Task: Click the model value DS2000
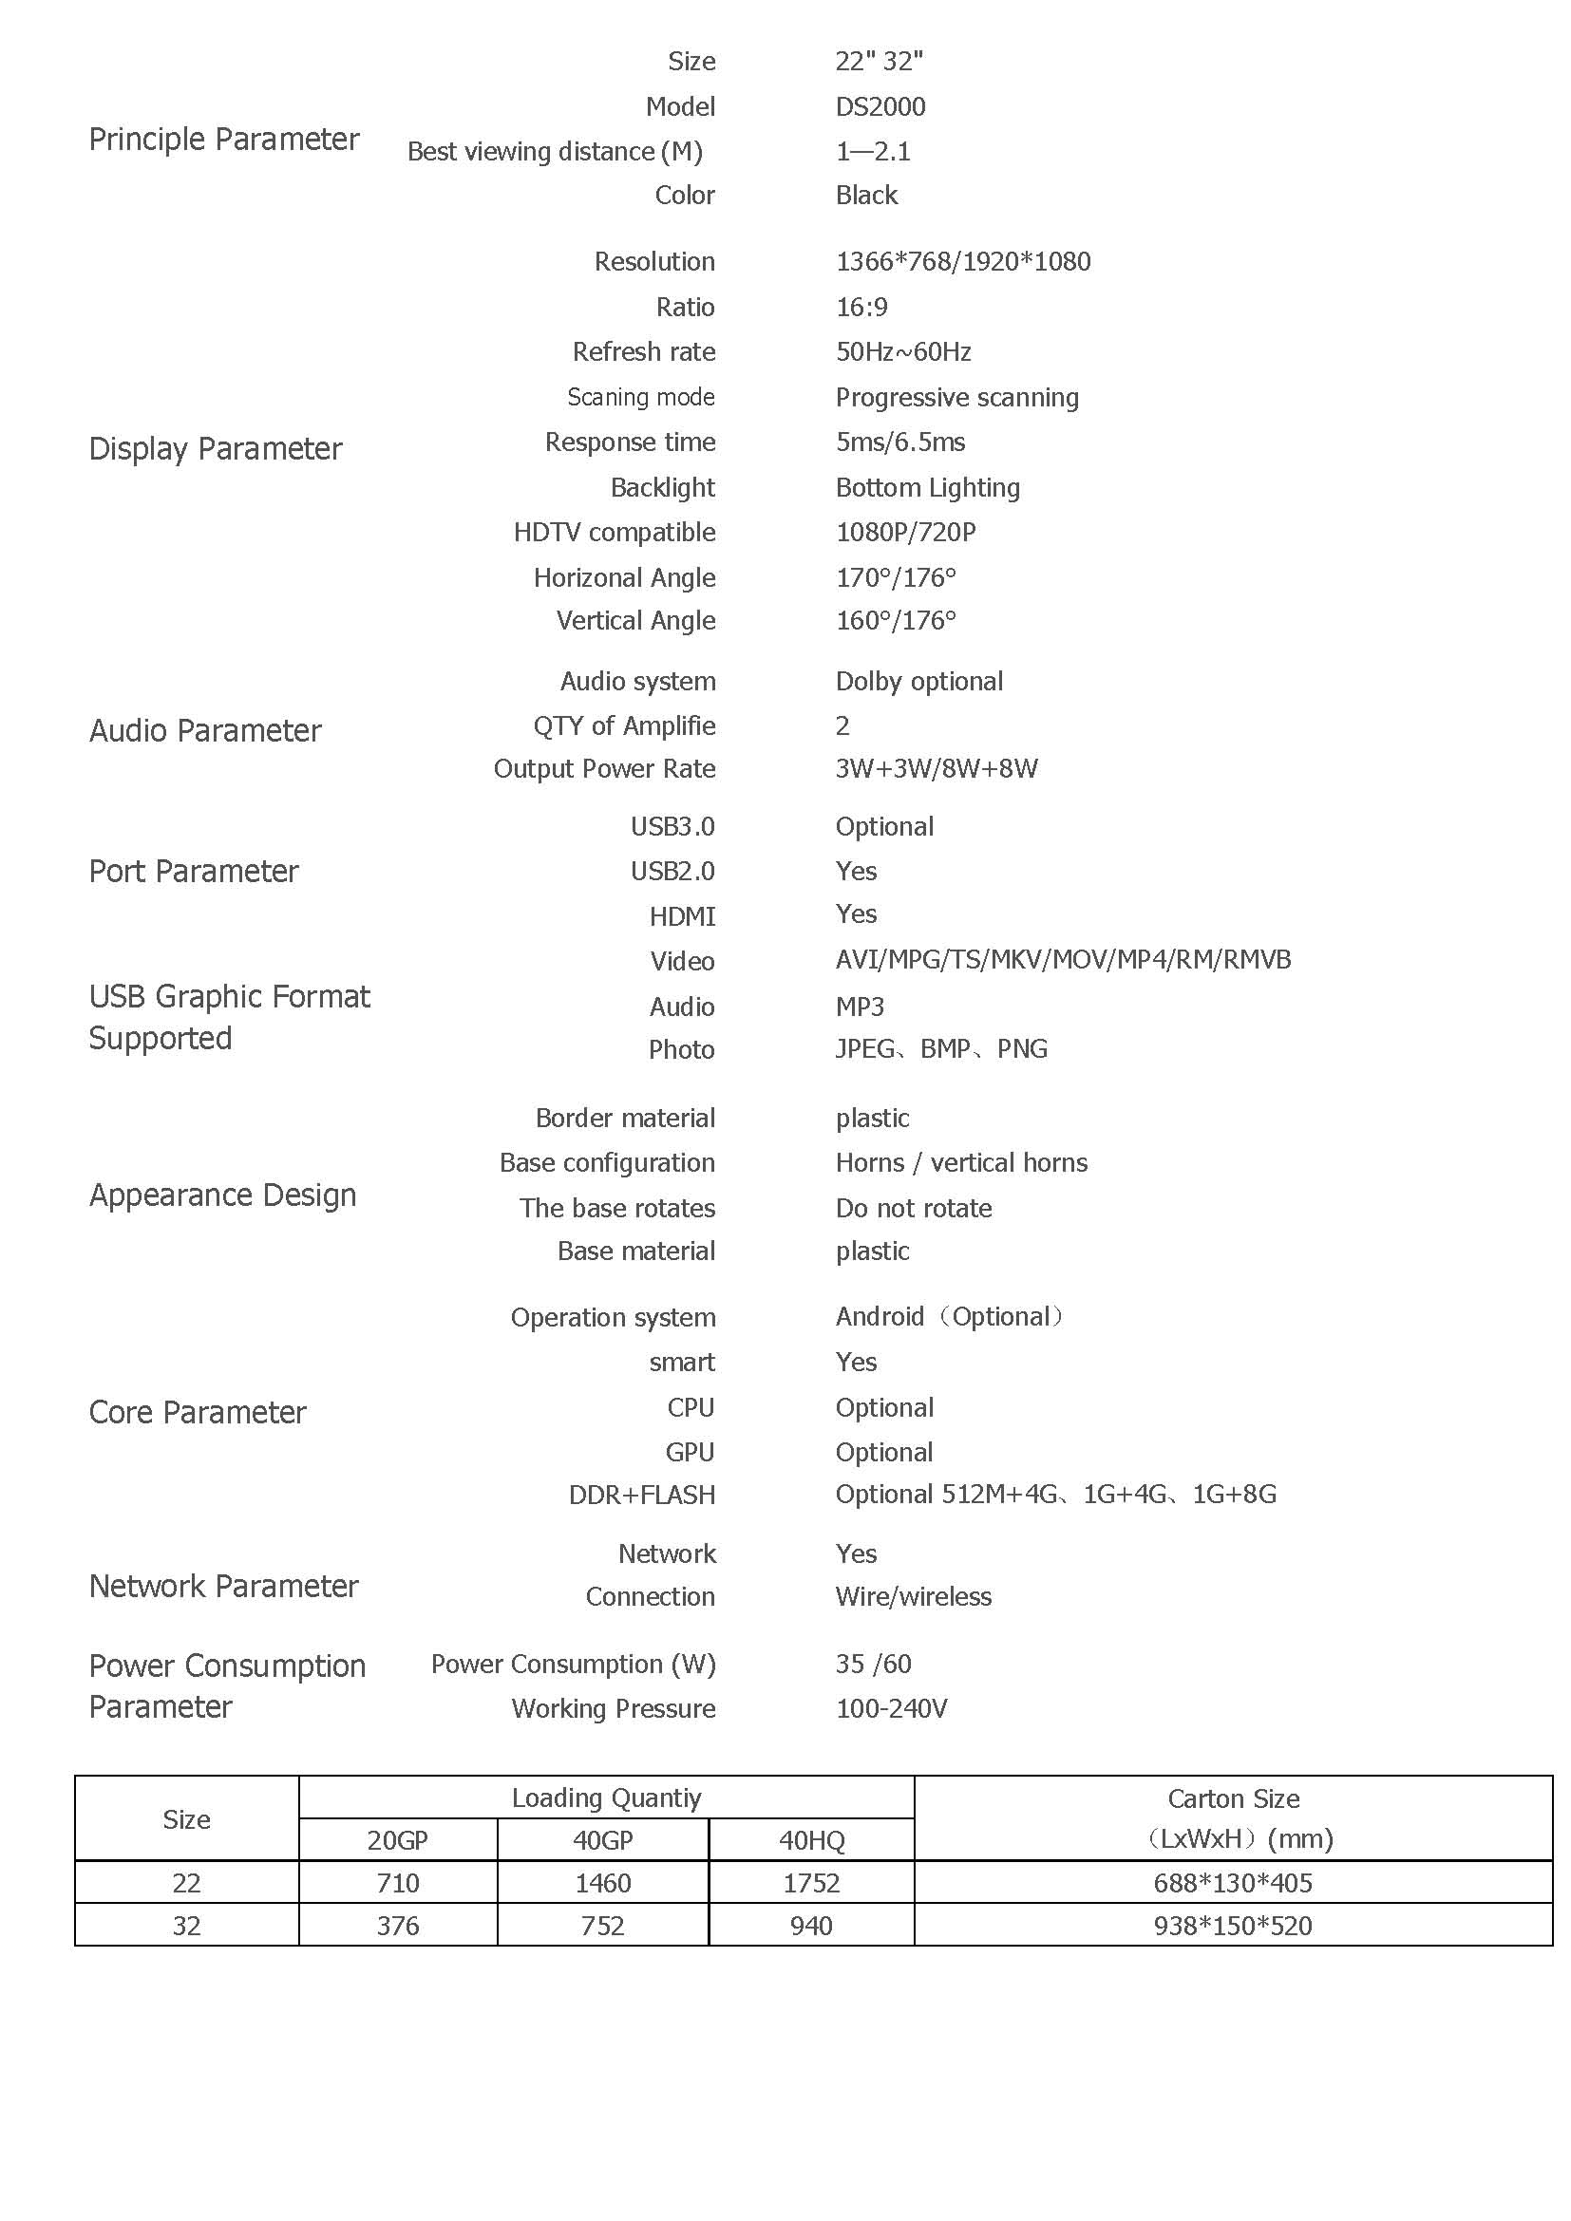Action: coord(880,106)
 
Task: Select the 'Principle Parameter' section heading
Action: coord(223,140)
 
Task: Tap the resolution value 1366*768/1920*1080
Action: coord(962,261)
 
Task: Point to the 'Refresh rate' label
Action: coord(643,351)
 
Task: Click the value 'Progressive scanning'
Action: coord(956,397)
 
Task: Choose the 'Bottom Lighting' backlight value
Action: coord(927,487)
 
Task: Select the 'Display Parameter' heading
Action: coord(215,449)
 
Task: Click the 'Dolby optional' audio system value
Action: coord(918,681)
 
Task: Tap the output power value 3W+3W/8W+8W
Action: coord(936,768)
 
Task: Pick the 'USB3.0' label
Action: coord(672,826)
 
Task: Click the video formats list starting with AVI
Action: coord(1062,960)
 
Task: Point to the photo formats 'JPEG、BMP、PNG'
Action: coord(940,1048)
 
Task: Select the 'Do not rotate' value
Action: coord(913,1208)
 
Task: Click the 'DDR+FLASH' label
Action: coord(641,1495)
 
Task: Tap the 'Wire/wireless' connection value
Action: coord(913,1596)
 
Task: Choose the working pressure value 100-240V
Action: coord(891,1708)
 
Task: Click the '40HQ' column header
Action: coord(810,1840)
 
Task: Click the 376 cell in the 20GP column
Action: coord(398,1925)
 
